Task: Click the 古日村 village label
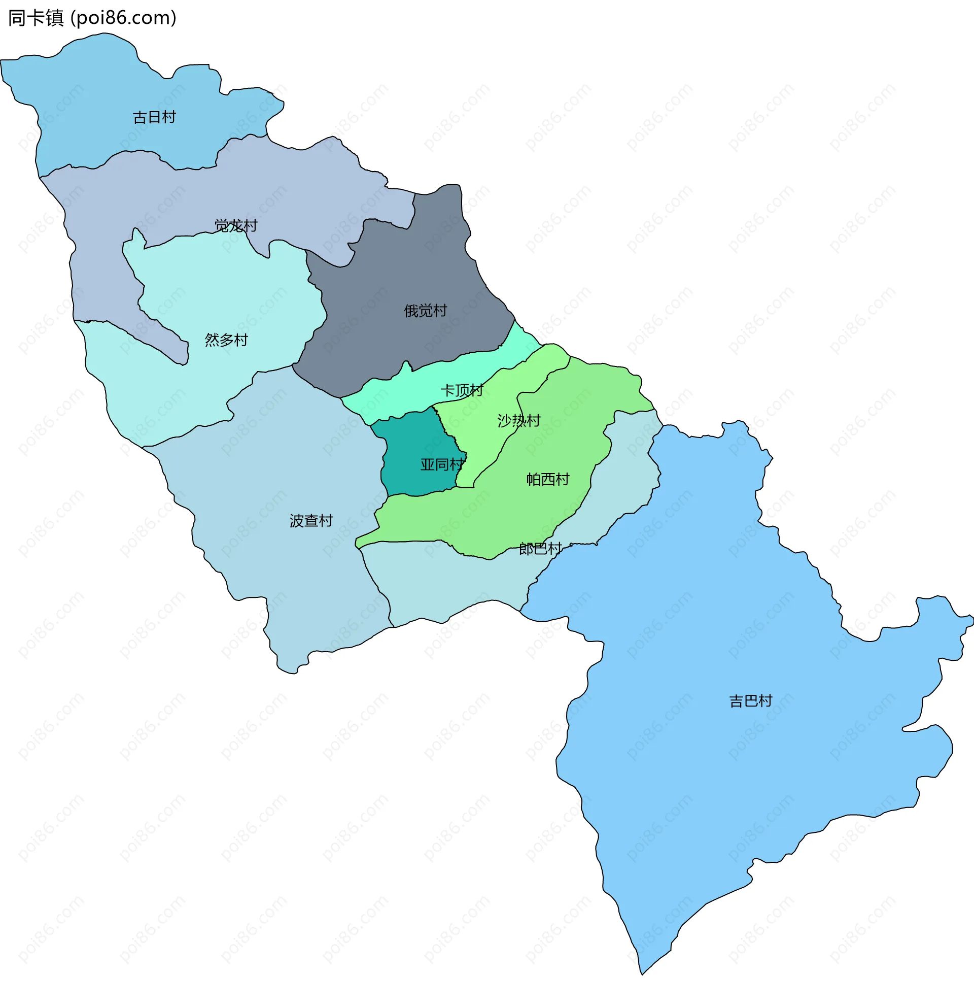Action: (154, 117)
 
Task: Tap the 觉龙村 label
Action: (235, 226)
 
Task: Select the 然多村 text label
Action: (226, 340)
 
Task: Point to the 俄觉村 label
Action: (425, 311)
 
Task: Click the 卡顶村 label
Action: (462, 390)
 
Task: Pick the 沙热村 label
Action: (518, 421)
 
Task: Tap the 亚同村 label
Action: (441, 465)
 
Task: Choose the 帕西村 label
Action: (547, 480)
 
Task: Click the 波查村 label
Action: (311, 521)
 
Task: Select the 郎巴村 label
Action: (540, 549)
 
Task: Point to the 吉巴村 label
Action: (750, 701)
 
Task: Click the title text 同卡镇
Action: (36, 18)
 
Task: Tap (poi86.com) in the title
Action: (123, 18)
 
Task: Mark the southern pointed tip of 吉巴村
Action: (642, 972)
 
